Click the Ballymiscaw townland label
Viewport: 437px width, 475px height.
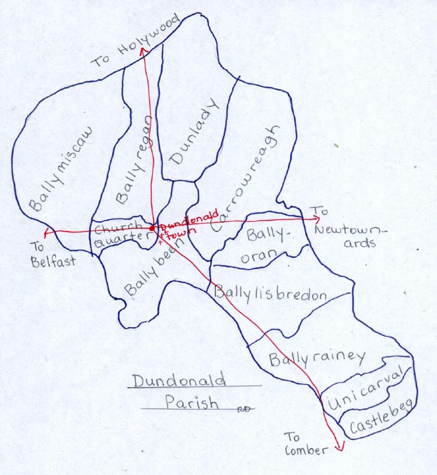pyautogui.click(x=61, y=170)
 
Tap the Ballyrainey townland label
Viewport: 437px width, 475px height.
pyautogui.click(x=317, y=358)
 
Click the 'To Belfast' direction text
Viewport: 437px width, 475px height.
pyautogui.click(x=53, y=253)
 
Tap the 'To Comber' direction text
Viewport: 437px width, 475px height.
pyautogui.click(x=305, y=443)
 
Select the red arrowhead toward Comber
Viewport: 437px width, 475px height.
pyautogui.click(x=340, y=447)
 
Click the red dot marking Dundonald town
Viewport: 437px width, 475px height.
pyautogui.click(x=152, y=228)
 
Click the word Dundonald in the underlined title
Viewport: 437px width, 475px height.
pyautogui.click(x=178, y=380)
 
